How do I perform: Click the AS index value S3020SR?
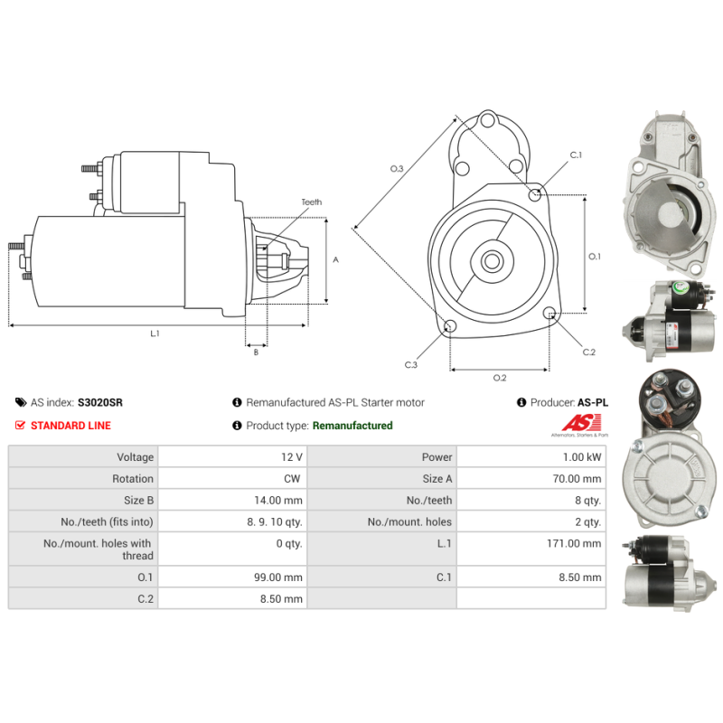[x=100, y=403]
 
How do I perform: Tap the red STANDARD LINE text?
[x=70, y=426]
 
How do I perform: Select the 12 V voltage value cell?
[x=291, y=457]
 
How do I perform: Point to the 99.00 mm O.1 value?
[x=281, y=577]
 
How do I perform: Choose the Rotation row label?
[x=133, y=479]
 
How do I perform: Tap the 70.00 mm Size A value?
[x=579, y=479]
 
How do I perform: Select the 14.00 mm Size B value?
[x=281, y=501]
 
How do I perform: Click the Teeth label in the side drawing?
[x=311, y=202]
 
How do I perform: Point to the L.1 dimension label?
[x=155, y=333]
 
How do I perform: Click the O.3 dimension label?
[x=396, y=169]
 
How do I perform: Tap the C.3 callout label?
[x=410, y=365]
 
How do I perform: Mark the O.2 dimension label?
[x=499, y=377]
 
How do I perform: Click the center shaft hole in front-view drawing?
[x=492, y=262]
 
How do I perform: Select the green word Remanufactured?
[x=352, y=426]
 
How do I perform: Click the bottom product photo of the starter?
[x=666, y=569]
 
